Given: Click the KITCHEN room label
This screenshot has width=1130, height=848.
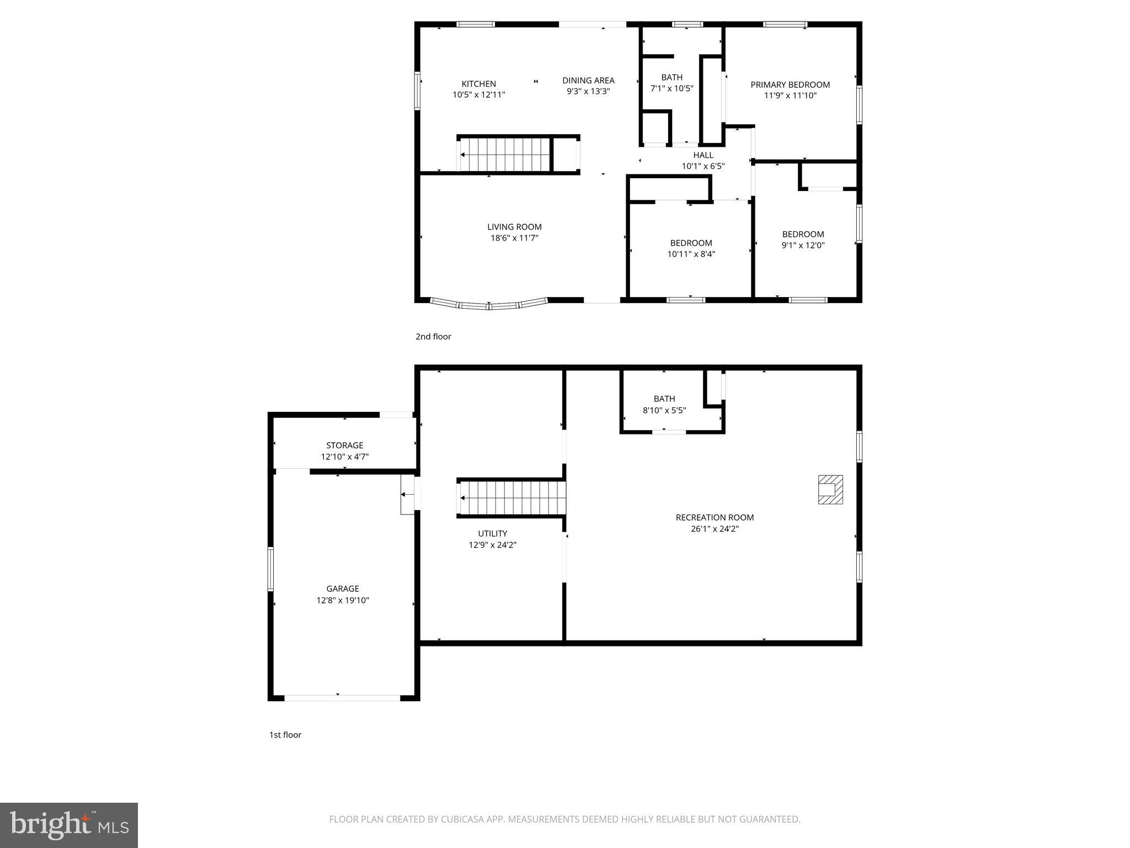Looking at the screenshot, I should click(478, 84).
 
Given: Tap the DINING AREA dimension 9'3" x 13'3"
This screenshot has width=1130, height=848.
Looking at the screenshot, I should click(588, 92).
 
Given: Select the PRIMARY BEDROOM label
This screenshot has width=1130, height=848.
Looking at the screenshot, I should click(790, 84).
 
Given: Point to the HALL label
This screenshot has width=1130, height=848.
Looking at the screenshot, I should click(703, 155).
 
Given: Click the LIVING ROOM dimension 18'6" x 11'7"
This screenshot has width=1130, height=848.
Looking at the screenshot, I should click(514, 238).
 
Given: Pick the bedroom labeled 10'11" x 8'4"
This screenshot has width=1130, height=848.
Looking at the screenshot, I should click(691, 248).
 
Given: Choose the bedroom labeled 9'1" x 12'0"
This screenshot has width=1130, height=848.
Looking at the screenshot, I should click(803, 240).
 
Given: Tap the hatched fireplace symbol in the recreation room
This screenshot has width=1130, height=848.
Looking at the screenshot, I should click(830, 489).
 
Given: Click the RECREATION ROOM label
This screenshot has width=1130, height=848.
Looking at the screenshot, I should click(715, 517).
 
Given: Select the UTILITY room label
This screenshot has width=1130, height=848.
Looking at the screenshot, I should click(492, 533).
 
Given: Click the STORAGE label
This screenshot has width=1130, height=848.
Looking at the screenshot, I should click(344, 445).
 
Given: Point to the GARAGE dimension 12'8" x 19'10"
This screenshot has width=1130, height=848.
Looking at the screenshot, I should click(343, 600).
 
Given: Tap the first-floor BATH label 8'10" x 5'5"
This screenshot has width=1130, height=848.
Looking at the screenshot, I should click(664, 399).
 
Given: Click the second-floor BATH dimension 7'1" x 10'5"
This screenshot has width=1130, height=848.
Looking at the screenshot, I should click(671, 88).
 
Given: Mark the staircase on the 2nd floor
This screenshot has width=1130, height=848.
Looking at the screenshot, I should click(505, 155).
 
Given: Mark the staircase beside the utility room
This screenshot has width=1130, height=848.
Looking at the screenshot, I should click(512, 497).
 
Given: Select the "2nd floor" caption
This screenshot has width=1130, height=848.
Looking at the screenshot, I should click(433, 336).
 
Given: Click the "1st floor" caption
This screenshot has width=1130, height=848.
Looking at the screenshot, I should click(285, 734).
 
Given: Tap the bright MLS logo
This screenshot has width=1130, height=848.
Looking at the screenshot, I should click(69, 825).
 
